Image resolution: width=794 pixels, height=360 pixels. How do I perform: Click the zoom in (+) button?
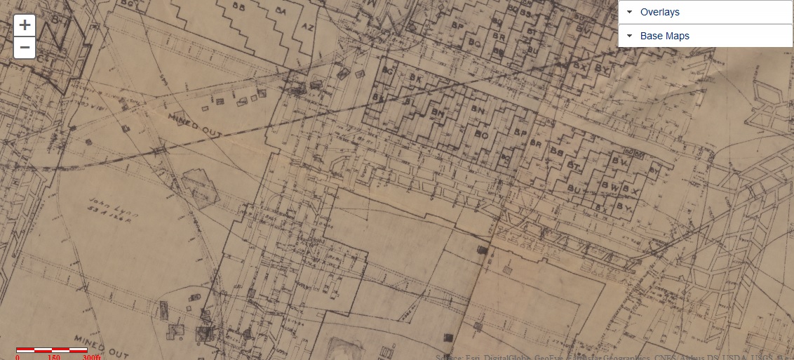point(25,25)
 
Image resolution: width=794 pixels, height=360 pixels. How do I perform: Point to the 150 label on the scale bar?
point(54,356)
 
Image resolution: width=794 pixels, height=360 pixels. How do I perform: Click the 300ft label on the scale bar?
point(92,356)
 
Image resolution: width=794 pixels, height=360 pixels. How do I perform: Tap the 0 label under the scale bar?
point(18,356)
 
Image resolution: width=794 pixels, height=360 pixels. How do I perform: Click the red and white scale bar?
point(52,349)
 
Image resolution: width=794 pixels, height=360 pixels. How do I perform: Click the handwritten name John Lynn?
point(105,203)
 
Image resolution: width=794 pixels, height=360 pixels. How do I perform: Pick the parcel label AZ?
point(307,27)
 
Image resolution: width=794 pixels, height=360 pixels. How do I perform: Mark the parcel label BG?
point(389,71)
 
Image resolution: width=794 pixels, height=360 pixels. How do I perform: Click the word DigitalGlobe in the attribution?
point(486,356)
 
